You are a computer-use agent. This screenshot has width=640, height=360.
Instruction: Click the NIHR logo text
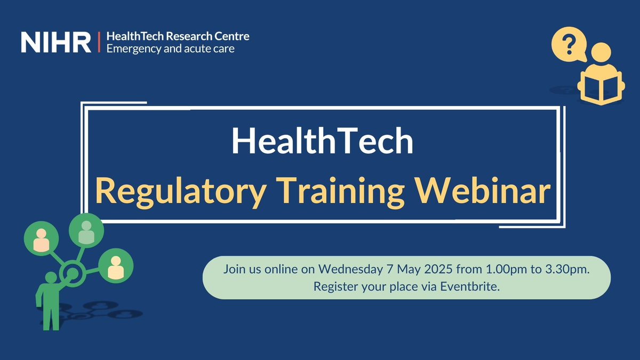[x=56, y=42]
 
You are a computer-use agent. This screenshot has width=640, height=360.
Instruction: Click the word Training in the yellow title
[x=336, y=192]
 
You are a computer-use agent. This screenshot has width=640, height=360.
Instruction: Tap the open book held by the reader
[x=601, y=88]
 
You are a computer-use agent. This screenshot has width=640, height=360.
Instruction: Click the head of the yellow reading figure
[x=601, y=53]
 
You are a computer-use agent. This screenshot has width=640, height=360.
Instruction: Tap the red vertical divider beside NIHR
[x=99, y=42]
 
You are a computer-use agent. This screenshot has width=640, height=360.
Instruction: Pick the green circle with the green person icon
[x=86, y=230]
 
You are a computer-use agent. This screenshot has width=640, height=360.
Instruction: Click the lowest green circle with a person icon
[x=115, y=265]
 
